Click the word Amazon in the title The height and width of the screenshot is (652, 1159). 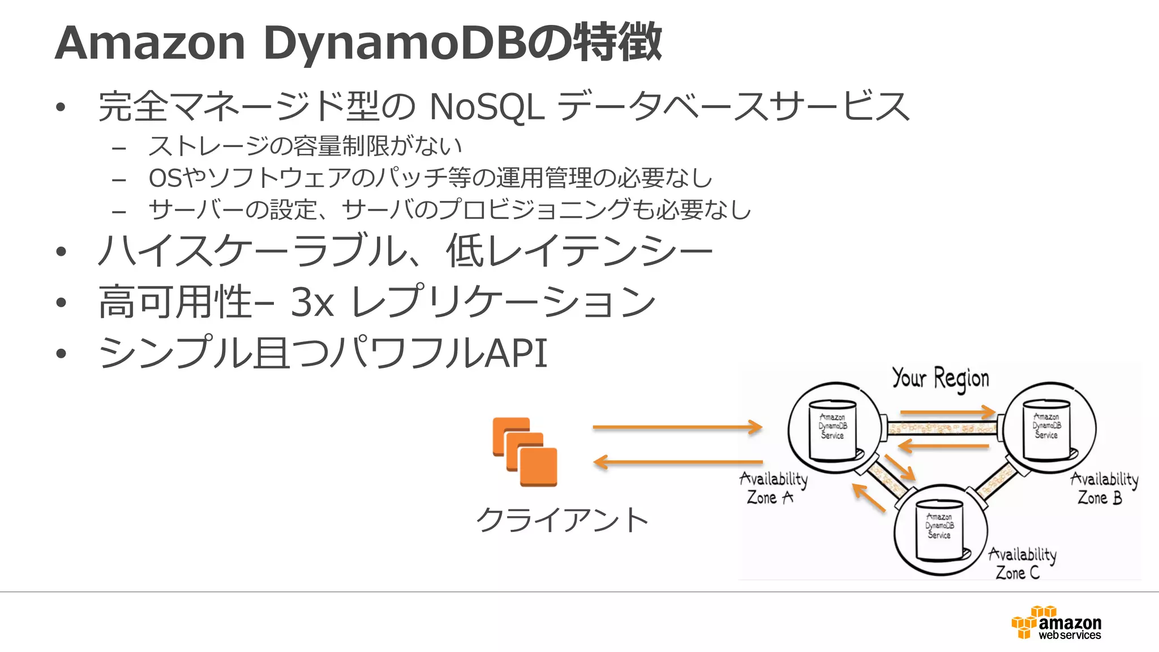[150, 43]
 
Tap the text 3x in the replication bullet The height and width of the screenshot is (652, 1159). [312, 302]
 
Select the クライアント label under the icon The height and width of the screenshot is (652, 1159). [562, 520]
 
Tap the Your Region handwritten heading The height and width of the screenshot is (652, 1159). [941, 378]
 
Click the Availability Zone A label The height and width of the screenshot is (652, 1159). [773, 488]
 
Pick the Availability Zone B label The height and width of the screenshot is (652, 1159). [1104, 488]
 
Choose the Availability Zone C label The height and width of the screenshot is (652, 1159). [1022, 563]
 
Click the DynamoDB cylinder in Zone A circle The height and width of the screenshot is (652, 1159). [832, 430]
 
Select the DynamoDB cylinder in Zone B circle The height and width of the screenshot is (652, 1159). [1046, 430]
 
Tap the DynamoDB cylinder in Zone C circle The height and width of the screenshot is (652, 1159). [939, 530]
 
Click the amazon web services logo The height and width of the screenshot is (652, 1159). [1057, 623]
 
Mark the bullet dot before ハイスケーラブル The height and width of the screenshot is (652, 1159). [61, 251]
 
